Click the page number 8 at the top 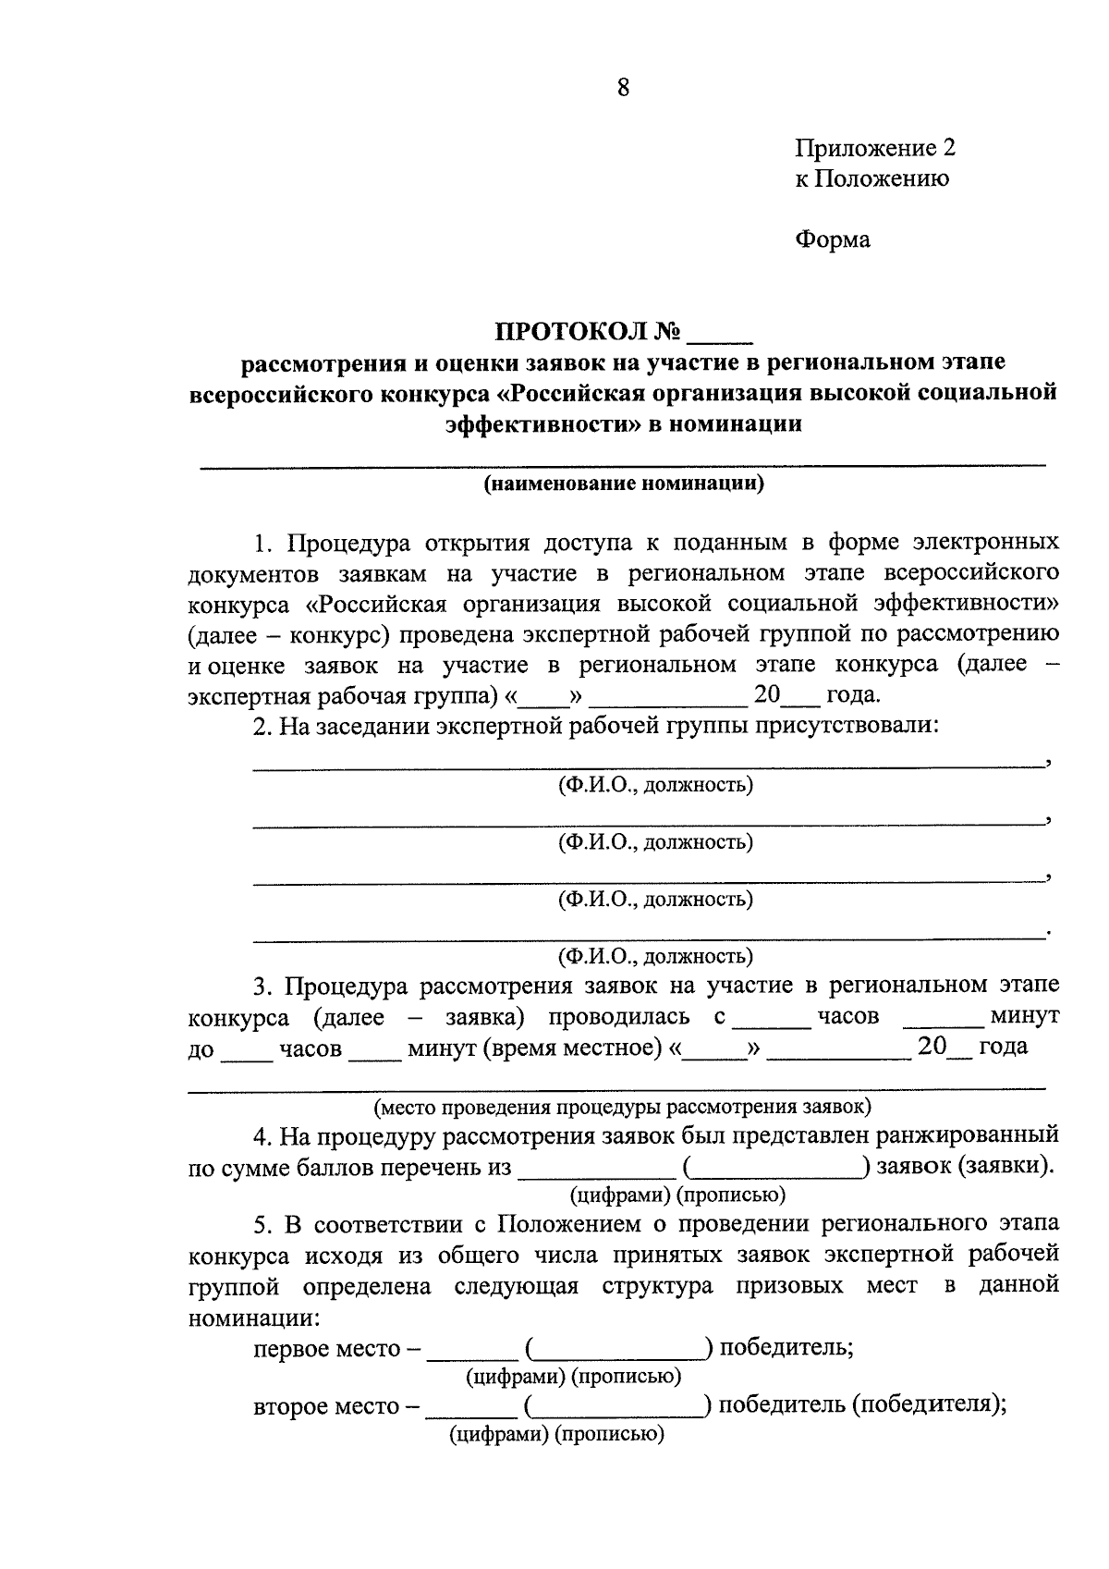[x=622, y=88]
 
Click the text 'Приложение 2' [x=874, y=148]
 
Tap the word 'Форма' [x=832, y=239]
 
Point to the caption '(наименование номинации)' [x=624, y=484]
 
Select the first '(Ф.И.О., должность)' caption [x=654, y=785]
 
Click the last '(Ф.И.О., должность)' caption [x=654, y=955]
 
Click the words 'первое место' [x=325, y=1349]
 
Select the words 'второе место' [x=324, y=1407]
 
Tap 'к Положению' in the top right [x=871, y=178]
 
